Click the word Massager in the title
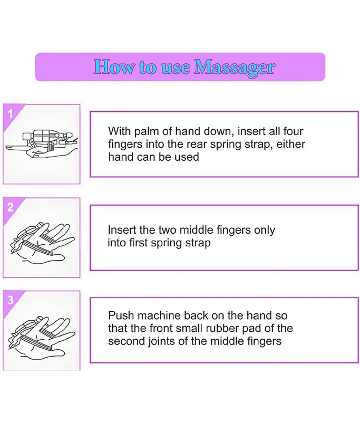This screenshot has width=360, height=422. (x=235, y=68)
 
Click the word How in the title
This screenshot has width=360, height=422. (x=113, y=66)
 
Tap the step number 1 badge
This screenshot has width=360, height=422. (x=10, y=114)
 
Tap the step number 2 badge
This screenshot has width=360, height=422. (x=10, y=207)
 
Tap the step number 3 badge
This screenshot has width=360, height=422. (x=11, y=300)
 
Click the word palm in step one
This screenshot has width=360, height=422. (x=143, y=131)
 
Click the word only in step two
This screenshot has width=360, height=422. (x=265, y=231)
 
